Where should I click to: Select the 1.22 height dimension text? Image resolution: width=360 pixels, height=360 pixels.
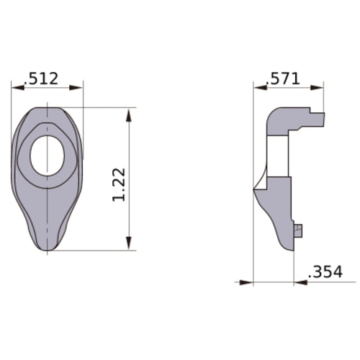click(x=120, y=185)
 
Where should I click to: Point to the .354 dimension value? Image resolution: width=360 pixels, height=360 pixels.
click(x=324, y=272)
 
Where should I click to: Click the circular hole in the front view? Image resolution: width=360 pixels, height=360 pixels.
click(x=48, y=156)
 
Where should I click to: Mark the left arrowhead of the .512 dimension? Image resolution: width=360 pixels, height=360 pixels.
click(x=15, y=88)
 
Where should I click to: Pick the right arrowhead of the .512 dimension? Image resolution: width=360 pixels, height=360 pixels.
click(x=79, y=88)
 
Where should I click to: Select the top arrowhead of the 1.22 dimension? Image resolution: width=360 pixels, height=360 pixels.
click(x=129, y=112)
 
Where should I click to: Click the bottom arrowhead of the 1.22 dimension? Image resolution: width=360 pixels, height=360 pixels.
click(x=129, y=246)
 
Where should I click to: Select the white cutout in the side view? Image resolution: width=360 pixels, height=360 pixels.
click(x=277, y=156)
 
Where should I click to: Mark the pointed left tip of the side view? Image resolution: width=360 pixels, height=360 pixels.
click(x=254, y=189)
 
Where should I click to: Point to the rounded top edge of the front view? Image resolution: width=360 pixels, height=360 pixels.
click(x=48, y=109)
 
